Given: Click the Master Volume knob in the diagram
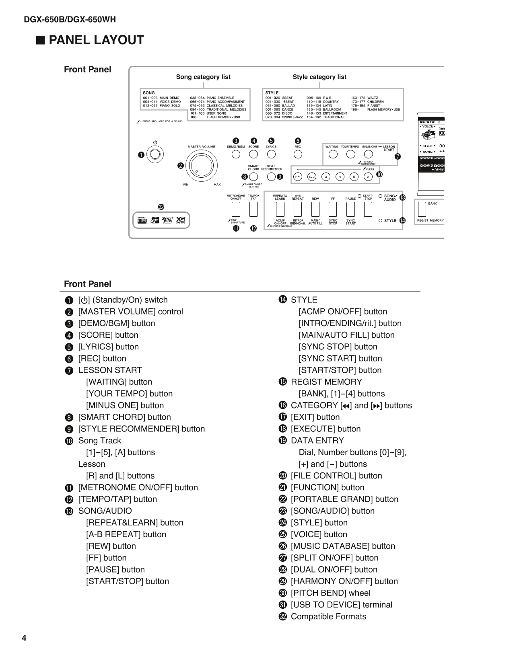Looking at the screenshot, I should click(202, 165).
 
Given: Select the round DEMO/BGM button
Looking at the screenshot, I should click(236, 154).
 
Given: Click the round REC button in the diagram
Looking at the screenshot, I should click(298, 154).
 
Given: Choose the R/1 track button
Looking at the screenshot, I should click(298, 177).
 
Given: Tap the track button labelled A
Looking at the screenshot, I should click(368, 177).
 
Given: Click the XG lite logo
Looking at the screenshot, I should click(180, 220).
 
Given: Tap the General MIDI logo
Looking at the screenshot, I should click(142, 220).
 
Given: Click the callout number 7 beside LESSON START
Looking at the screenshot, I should click(398, 157).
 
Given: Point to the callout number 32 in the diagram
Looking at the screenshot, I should click(161, 207).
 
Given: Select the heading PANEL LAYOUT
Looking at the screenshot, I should click(96, 40).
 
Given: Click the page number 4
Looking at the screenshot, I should click(24, 638).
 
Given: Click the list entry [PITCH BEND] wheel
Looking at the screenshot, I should click(330, 593).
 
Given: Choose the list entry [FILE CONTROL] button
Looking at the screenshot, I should click(336, 476).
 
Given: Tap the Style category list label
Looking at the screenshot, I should click(319, 77).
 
